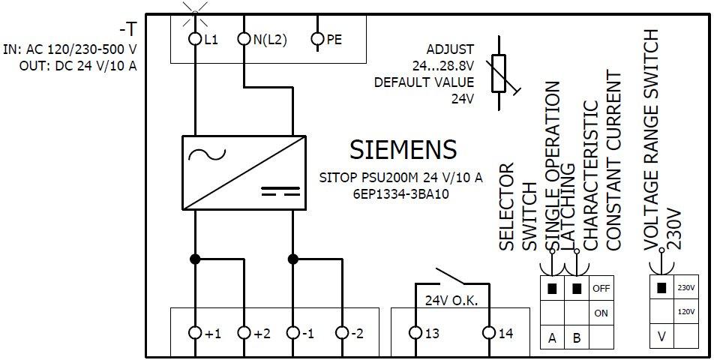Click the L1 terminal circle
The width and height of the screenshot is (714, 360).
pos(195,38)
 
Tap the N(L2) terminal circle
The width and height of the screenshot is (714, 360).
pos(243,38)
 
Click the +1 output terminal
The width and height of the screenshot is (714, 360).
pos(195,332)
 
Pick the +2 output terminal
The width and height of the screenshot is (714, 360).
pos(243,332)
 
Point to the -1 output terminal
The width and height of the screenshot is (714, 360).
pos(292,332)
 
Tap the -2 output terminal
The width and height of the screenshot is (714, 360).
pos(341,332)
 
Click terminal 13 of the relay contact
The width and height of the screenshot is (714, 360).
pos(416,332)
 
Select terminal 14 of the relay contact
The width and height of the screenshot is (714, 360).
pos(489,332)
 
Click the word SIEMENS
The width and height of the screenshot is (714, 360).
pos(403,149)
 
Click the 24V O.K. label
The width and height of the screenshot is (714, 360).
pos(451,301)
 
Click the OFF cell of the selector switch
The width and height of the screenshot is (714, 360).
pos(601,288)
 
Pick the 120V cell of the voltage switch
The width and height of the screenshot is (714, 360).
pos(685,310)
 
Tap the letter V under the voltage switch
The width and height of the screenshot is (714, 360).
pos(661,337)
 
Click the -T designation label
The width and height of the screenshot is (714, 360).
pos(128,30)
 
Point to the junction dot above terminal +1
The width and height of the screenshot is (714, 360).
pos(195,259)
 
